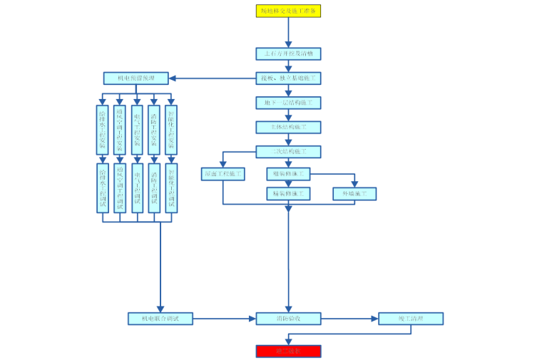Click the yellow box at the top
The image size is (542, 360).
(288, 11)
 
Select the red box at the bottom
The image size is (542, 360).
(288, 351)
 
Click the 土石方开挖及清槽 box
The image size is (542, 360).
(288, 53)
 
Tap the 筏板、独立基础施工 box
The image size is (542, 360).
(288, 78)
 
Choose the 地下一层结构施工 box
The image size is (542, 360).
(288, 103)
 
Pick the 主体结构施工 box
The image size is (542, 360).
(288, 128)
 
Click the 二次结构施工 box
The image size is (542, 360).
(288, 151)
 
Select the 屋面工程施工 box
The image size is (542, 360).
(223, 173)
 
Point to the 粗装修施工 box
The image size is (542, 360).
(288, 173)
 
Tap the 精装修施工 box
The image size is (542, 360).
(288, 193)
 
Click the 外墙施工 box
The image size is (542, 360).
(354, 193)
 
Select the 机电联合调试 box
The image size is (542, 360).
(160, 319)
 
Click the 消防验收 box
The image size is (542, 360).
(288, 319)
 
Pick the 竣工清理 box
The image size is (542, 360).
(411, 319)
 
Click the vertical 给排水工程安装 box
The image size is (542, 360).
(103, 130)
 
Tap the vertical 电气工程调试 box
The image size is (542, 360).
(137, 187)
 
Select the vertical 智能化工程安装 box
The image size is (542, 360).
(171, 130)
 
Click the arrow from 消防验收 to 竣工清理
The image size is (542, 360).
(349, 319)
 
